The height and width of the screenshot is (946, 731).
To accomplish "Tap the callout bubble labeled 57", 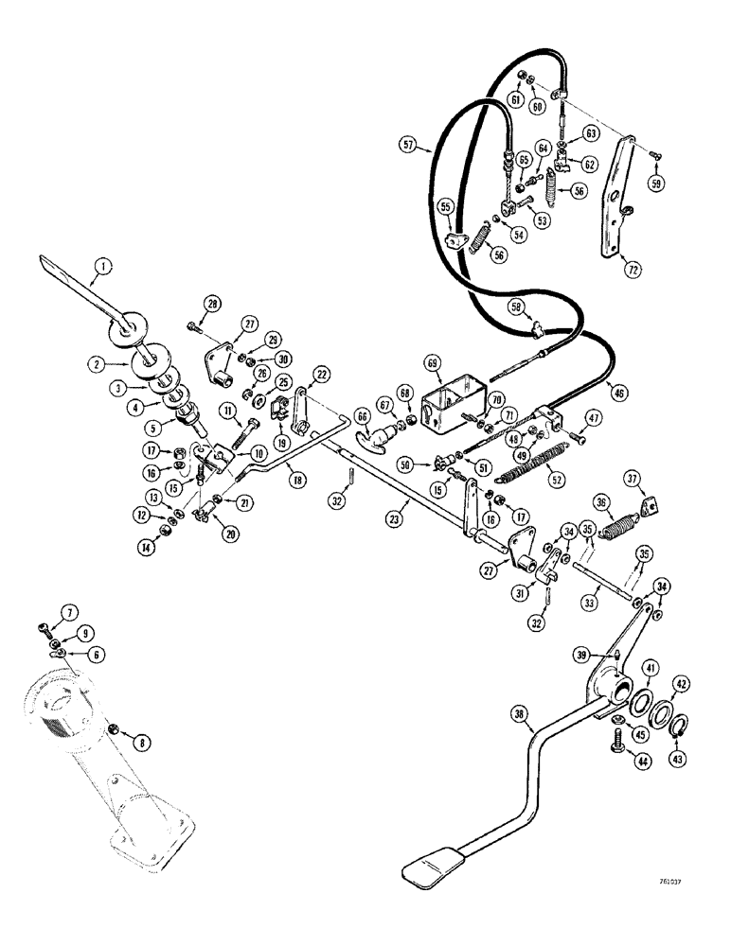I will click(x=407, y=145).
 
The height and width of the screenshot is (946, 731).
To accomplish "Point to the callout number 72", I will click(x=633, y=269).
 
